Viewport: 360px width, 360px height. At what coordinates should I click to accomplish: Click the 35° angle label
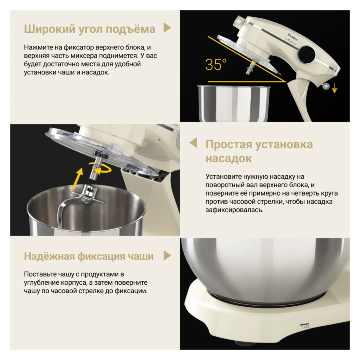(216, 64)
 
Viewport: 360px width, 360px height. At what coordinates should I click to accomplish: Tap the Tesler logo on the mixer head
(293, 37)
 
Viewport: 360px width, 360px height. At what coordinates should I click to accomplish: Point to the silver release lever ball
(326, 86)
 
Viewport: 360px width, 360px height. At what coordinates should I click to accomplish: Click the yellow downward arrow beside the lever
(334, 88)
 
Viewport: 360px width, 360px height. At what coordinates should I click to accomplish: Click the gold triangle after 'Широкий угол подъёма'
(167, 28)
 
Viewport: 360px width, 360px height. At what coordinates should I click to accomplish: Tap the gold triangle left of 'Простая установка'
(193, 142)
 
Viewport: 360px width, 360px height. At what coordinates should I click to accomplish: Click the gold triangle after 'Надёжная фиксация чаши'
(167, 256)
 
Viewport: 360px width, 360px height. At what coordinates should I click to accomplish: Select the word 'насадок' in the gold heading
(228, 158)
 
